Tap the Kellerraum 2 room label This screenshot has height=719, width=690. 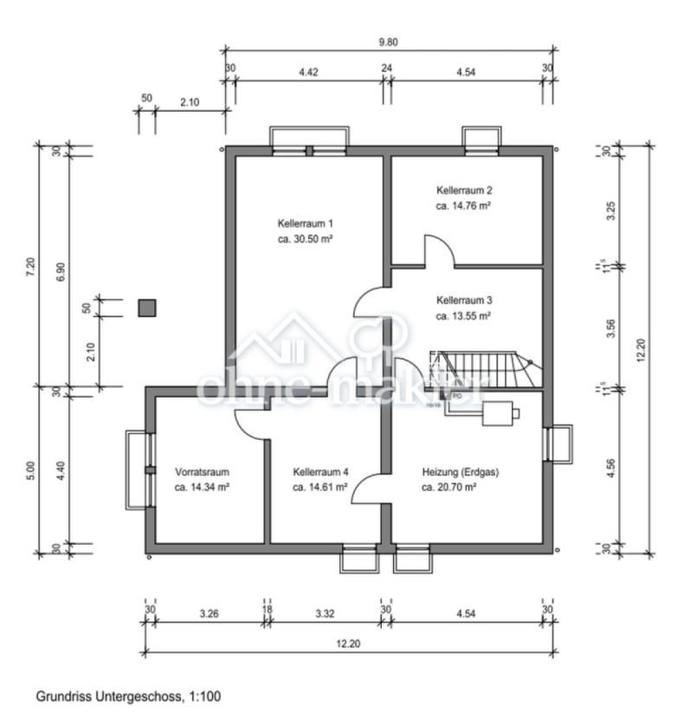point(464,190)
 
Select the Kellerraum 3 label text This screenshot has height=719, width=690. point(464,300)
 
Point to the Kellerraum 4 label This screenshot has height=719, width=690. point(320,472)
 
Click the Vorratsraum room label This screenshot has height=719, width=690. point(202,472)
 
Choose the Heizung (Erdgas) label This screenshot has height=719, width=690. point(461,472)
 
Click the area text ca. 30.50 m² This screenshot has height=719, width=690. point(305,237)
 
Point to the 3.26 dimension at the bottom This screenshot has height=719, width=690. point(208,614)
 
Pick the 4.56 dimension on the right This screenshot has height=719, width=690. point(612,468)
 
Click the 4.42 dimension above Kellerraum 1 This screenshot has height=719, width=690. point(309,73)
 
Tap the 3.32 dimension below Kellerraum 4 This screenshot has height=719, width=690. point(326,614)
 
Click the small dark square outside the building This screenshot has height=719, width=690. point(148,308)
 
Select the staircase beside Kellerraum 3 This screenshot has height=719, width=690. point(485,367)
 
